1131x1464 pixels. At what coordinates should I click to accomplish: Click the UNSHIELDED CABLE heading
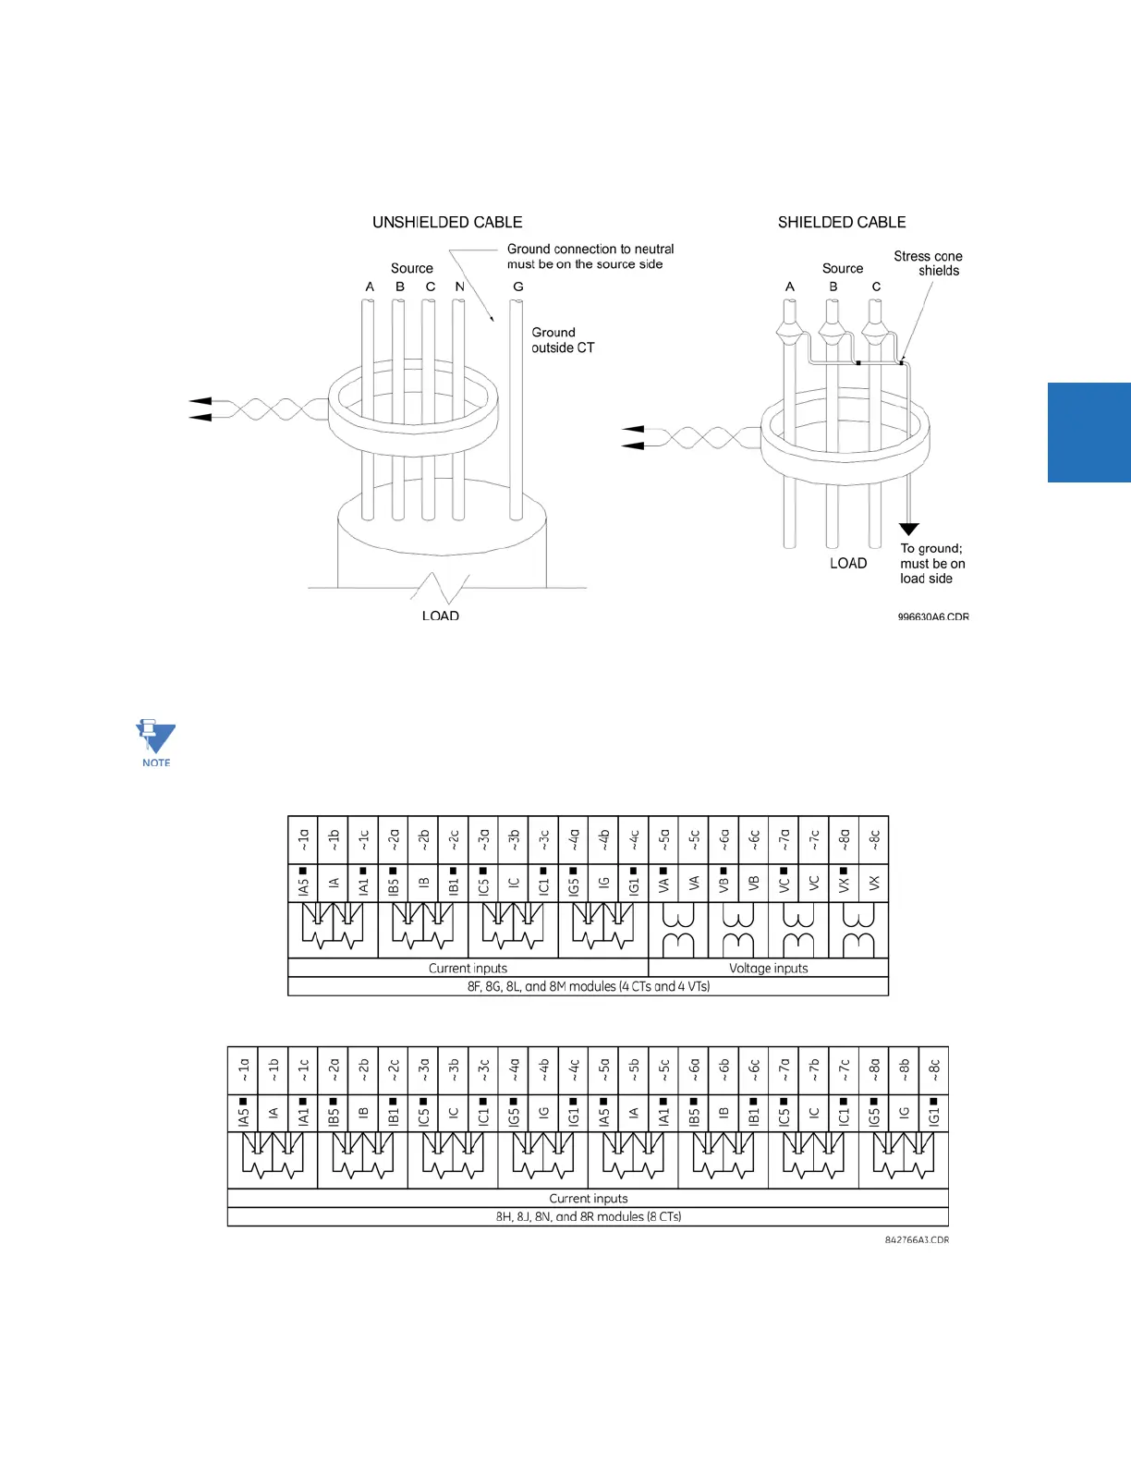(447, 223)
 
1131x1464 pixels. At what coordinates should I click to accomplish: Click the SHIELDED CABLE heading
(841, 223)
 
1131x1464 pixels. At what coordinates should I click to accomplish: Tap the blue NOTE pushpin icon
(155, 742)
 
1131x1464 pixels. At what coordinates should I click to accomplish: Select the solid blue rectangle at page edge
(1088, 433)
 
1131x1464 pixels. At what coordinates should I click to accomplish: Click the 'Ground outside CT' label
(562, 340)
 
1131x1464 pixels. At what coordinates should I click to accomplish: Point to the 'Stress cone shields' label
(928, 263)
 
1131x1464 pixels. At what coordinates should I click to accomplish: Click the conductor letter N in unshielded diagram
(459, 287)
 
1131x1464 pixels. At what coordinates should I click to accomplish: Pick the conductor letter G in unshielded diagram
(517, 287)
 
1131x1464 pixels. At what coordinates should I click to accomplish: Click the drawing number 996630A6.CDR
(932, 616)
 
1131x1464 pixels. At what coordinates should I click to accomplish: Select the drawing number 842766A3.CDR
(916, 1240)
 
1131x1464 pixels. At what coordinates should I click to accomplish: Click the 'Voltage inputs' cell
(768, 969)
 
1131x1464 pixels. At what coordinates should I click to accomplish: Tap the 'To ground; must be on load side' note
(931, 564)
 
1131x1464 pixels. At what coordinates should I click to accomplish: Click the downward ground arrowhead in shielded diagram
(909, 530)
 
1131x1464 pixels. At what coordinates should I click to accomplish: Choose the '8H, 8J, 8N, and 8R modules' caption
(588, 1217)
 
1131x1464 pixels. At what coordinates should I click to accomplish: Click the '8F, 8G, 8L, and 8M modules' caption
(588, 986)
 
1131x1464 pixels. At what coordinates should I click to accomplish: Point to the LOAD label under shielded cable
(847, 564)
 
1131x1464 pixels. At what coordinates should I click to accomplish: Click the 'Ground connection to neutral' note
(590, 256)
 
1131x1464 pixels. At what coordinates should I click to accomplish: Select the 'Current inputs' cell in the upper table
(468, 969)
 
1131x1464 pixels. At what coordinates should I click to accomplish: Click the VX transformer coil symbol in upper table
(858, 930)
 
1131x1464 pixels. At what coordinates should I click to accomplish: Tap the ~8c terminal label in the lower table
(933, 1070)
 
